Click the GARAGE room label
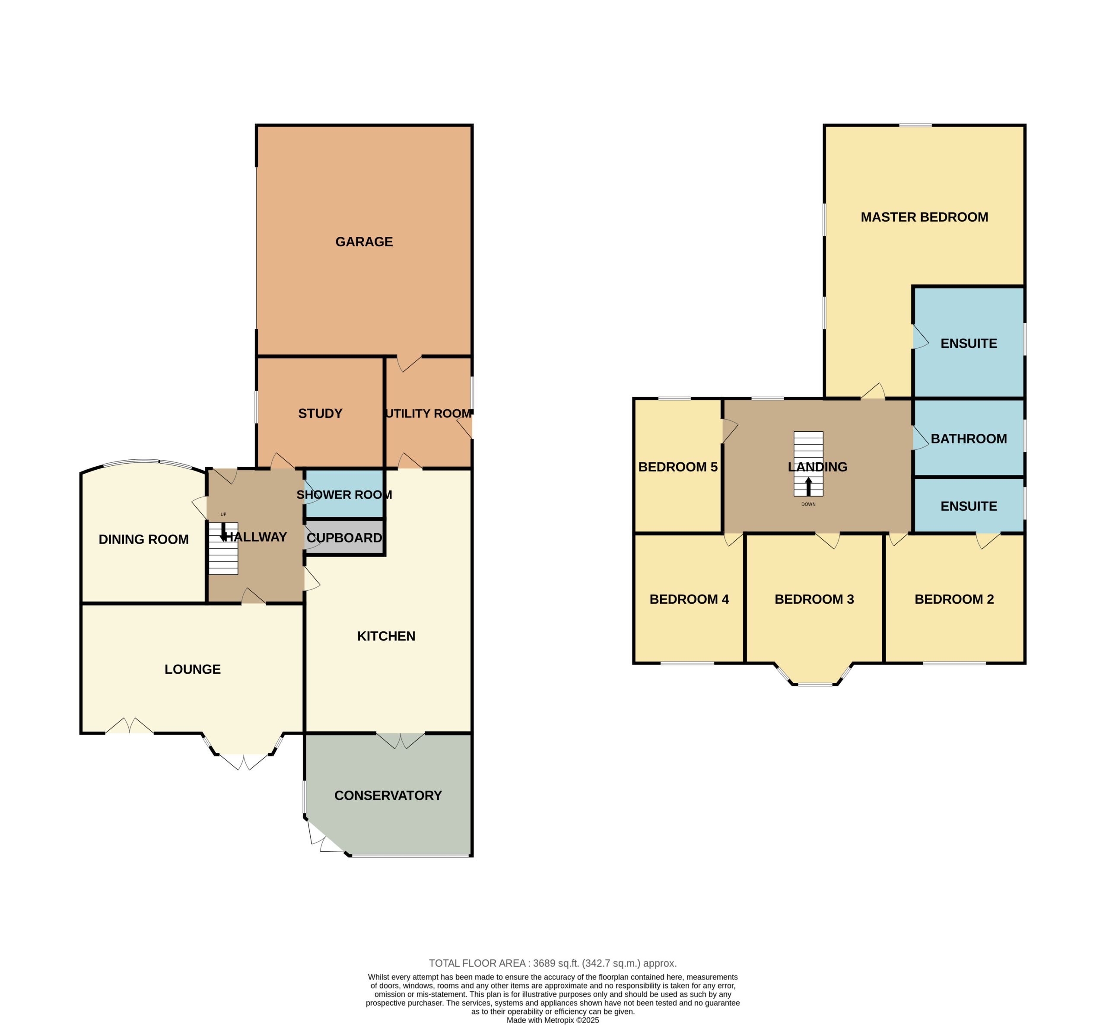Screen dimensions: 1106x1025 pyautogui.click(x=364, y=242)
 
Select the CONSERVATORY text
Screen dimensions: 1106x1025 pyautogui.click(x=388, y=796)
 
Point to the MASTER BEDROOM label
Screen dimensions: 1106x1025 pyautogui.click(x=924, y=217)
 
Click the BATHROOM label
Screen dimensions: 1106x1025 pyautogui.click(x=969, y=439)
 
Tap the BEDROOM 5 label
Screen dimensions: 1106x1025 pyautogui.click(x=677, y=467)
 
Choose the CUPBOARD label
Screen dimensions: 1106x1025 pyautogui.click(x=344, y=538)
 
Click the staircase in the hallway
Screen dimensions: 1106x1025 pyautogui.click(x=223, y=548)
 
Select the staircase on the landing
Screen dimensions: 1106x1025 pyautogui.click(x=808, y=464)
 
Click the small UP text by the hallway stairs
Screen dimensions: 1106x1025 pyautogui.click(x=223, y=514)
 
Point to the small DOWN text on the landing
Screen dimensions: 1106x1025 pyautogui.click(x=808, y=504)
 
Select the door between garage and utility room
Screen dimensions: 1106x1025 pyautogui.click(x=409, y=363)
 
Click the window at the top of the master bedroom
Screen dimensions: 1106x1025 pyautogui.click(x=915, y=125)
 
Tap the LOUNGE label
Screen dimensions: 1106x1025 pyautogui.click(x=192, y=669)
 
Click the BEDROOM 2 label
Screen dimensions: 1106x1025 pyautogui.click(x=954, y=599)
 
